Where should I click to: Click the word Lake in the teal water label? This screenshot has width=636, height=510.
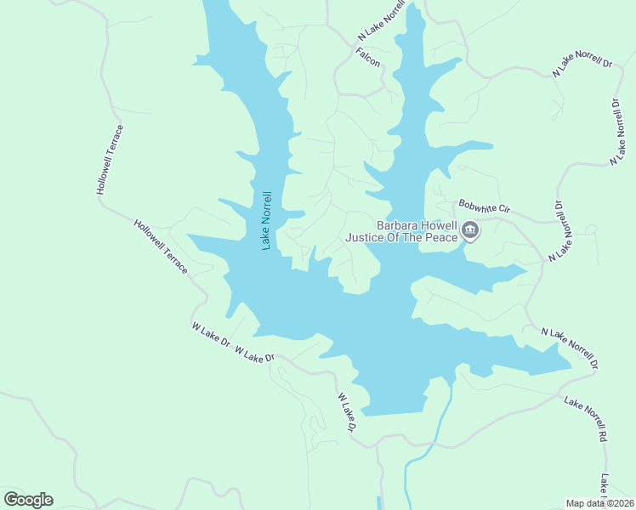pos(266,239)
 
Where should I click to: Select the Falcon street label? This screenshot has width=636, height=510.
pos(368,57)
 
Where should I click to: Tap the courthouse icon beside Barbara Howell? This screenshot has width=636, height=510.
pos(470,229)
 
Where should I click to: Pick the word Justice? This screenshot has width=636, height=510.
pos(365,238)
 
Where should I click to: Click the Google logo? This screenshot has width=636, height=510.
pos(29,500)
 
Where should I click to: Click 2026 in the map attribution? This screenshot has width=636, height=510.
pos(622,503)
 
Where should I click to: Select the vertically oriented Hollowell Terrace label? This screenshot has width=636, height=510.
pos(110,159)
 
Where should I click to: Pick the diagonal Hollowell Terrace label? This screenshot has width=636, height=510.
pos(161,246)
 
